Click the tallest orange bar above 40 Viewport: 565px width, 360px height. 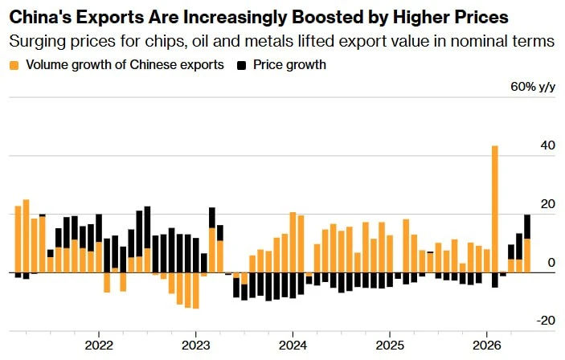point(495,209)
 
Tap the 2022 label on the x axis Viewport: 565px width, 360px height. point(99,346)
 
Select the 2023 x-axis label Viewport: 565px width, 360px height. point(195,346)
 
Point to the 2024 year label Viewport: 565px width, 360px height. point(293,346)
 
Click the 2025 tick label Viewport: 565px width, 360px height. point(390,346)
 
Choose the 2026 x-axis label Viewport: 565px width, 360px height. point(487,346)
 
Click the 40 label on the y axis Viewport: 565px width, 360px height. point(547,146)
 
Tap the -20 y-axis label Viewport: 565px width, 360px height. point(546,321)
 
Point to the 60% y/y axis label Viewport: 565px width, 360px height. point(533,87)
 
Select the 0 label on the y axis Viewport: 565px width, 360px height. point(551,263)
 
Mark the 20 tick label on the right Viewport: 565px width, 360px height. point(547,204)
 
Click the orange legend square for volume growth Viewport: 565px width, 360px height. point(14,66)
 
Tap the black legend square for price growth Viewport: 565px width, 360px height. point(241,66)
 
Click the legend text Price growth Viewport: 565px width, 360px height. point(289,65)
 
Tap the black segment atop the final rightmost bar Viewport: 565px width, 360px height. point(527,227)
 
